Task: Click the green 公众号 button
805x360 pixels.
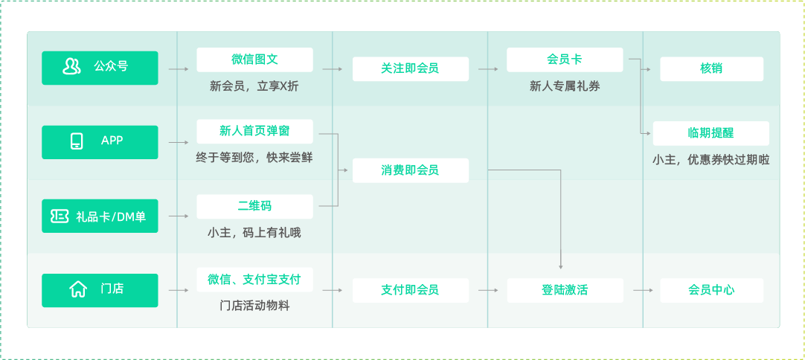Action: pyautogui.click(x=100, y=68)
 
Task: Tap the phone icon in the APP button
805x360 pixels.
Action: pyautogui.click(x=77, y=141)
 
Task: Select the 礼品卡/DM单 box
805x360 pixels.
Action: pyautogui.click(x=100, y=216)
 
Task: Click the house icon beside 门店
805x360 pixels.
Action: pyautogui.click(x=78, y=289)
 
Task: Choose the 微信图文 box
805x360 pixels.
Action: pyautogui.click(x=254, y=60)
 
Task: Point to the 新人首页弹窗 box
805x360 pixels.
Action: pyautogui.click(x=254, y=132)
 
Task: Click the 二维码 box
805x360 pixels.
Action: pyautogui.click(x=254, y=207)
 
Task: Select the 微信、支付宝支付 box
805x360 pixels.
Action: pyautogui.click(x=254, y=280)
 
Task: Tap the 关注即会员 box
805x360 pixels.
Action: pyautogui.click(x=410, y=69)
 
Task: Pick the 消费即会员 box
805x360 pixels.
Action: pyautogui.click(x=410, y=170)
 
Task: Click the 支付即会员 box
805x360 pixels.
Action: pyautogui.click(x=410, y=291)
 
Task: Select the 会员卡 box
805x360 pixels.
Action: pyautogui.click(x=565, y=60)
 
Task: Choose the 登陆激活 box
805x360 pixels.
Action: pyautogui.click(x=565, y=291)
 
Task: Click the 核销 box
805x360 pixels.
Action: pyautogui.click(x=711, y=69)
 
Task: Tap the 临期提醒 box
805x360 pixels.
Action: pyautogui.click(x=711, y=134)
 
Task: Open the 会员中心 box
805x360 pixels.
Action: pyautogui.click(x=711, y=291)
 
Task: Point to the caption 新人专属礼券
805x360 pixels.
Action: pyautogui.click(x=565, y=87)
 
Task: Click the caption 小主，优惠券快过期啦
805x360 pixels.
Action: pyautogui.click(x=711, y=160)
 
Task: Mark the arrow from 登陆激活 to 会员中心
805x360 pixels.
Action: pyautogui.click(x=643, y=291)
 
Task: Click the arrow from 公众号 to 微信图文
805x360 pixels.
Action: pyautogui.click(x=179, y=69)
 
